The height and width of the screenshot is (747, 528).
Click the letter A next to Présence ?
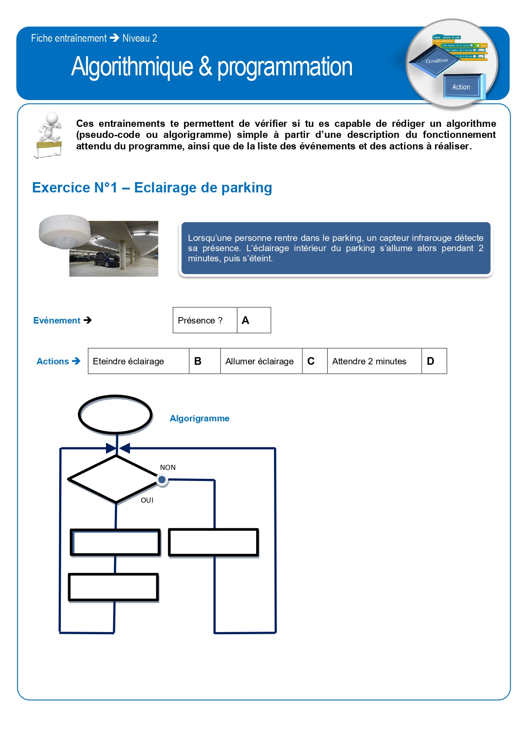245,321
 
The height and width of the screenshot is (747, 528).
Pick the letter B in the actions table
198,361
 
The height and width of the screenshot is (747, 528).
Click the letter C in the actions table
311,361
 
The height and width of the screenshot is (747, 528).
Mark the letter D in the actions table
431,361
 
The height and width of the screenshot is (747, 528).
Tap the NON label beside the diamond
168,467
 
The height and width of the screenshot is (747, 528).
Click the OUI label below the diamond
147,500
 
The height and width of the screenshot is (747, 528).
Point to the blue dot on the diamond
162,480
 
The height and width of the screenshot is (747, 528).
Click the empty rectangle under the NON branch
214,543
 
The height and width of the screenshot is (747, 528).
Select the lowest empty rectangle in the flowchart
114,587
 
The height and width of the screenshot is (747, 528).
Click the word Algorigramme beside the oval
200,418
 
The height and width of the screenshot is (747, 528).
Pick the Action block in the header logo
461,87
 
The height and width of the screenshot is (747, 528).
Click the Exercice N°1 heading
152,188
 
